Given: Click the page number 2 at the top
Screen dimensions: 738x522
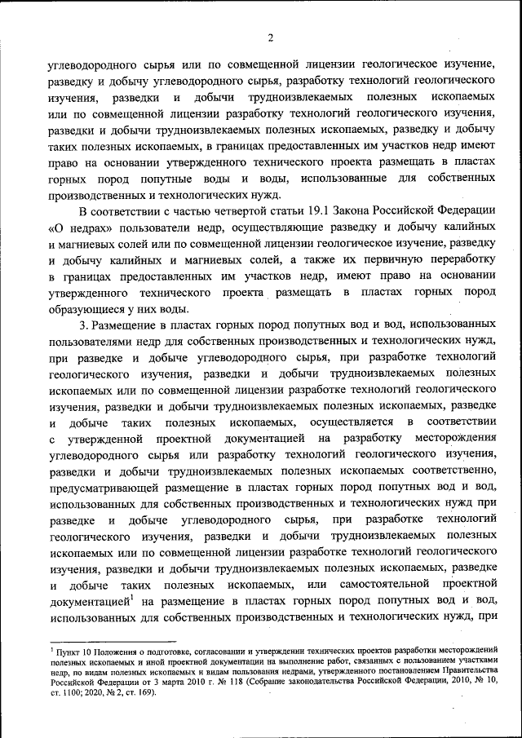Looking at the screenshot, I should (268, 38).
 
